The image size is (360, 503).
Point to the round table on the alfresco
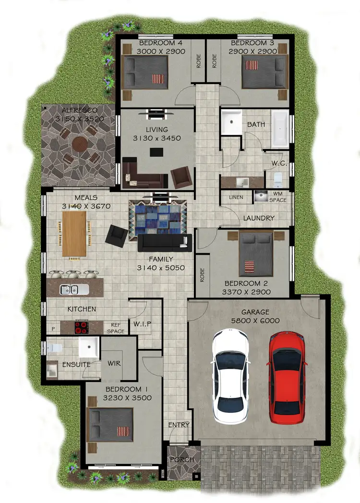coord(80,144)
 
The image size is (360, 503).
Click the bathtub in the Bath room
coord(280,128)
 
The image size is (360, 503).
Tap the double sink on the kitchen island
coord(74,289)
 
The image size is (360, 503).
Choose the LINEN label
coord(236,197)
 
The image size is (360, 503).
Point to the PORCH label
coord(182,460)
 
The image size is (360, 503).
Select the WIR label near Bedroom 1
coord(114,363)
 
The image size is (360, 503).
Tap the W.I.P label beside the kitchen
coord(143,324)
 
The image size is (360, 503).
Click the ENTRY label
coord(179,425)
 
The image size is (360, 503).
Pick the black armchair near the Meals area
coord(117,234)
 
